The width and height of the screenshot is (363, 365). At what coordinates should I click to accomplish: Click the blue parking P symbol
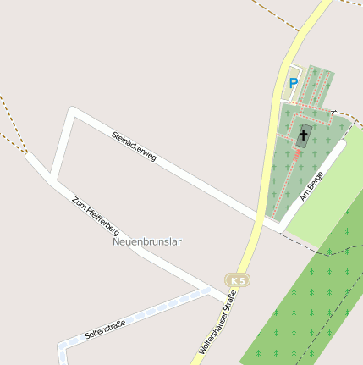coord(294,83)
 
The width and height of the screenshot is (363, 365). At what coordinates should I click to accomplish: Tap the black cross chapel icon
coord(304,134)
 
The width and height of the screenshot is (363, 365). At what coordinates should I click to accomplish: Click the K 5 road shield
coord(238,279)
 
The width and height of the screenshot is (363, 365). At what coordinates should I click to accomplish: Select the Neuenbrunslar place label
coord(147,241)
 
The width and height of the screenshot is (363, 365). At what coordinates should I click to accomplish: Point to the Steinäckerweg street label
coord(134,146)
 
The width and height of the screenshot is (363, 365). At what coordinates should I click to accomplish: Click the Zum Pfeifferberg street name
coord(96,215)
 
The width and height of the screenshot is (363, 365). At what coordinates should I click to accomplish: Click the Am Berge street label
coord(311,186)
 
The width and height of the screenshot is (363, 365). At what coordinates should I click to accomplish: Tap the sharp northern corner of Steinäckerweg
coord(72,109)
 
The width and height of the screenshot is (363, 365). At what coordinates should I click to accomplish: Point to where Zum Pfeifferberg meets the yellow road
coord(229,296)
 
